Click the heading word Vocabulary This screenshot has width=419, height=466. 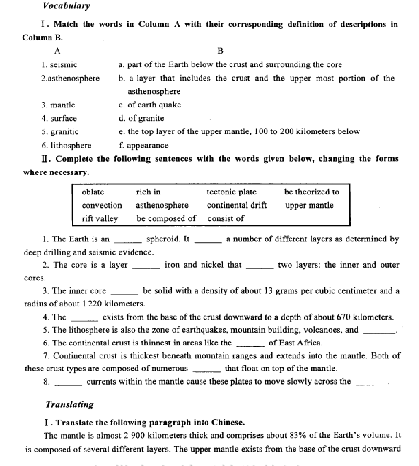click(67, 6)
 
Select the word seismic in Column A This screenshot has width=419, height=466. click(64, 65)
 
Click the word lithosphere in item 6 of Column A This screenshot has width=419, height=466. click(71, 146)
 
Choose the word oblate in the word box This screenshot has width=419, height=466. click(93, 192)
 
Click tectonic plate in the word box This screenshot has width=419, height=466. click(232, 192)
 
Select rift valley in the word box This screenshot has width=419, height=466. click(100, 219)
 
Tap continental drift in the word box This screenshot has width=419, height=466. click(237, 206)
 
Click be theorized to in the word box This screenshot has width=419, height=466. click(311, 192)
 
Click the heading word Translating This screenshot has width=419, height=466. click(70, 404)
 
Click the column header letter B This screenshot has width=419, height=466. click(220, 51)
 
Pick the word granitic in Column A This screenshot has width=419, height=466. click(65, 132)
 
